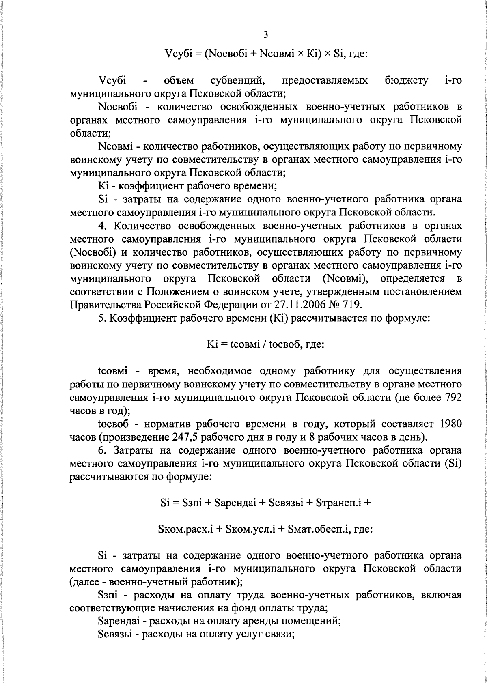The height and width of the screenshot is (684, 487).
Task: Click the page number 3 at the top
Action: coord(265,35)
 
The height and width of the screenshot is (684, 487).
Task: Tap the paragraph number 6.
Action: coord(101,450)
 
